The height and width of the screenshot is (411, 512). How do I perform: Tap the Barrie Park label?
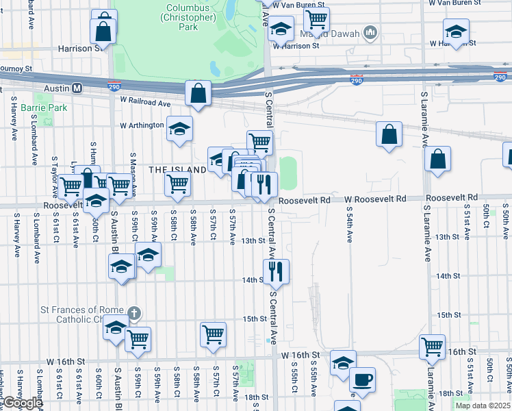pyautogui.click(x=44, y=108)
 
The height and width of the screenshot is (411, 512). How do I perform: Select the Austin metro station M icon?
pyautogui.click(x=77, y=88)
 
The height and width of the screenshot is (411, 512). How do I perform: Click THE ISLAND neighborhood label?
pyautogui.click(x=178, y=169)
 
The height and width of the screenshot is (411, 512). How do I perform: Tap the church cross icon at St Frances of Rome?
pyautogui.click(x=134, y=314)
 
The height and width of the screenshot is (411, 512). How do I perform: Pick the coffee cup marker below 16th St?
pyautogui.click(x=362, y=380)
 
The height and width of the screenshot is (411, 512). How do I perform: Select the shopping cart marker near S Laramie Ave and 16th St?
pyautogui.click(x=433, y=347)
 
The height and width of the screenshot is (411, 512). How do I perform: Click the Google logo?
pyautogui.click(x=23, y=403)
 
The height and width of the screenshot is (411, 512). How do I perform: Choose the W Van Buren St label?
pyautogui.click(x=298, y=4)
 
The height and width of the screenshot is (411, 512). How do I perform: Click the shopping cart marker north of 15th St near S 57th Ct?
pyautogui.click(x=213, y=335)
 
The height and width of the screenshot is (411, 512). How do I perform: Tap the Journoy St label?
pyautogui.click(x=16, y=68)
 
